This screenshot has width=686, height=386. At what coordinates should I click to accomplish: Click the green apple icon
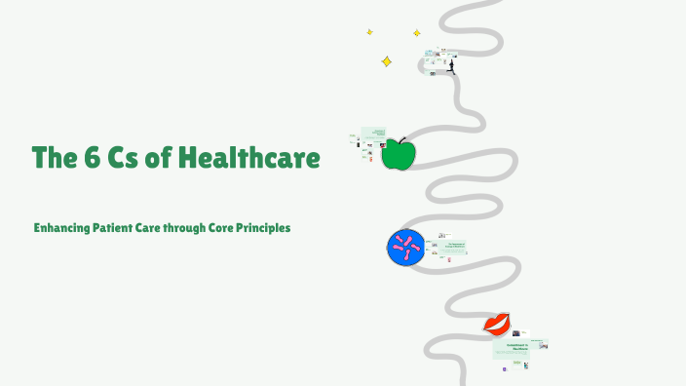pyautogui.click(x=398, y=155)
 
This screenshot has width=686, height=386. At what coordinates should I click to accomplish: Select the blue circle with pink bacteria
pyautogui.click(x=402, y=248)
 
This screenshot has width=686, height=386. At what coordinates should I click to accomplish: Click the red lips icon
pyautogui.click(x=497, y=324)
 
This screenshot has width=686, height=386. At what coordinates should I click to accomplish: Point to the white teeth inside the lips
pyautogui.click(x=497, y=324)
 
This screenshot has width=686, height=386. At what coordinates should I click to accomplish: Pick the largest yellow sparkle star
pyautogui.click(x=386, y=61)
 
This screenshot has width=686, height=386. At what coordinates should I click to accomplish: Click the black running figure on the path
pyautogui.click(x=450, y=66)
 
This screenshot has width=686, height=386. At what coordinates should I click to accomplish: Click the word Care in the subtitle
pyautogui.click(x=148, y=228)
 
